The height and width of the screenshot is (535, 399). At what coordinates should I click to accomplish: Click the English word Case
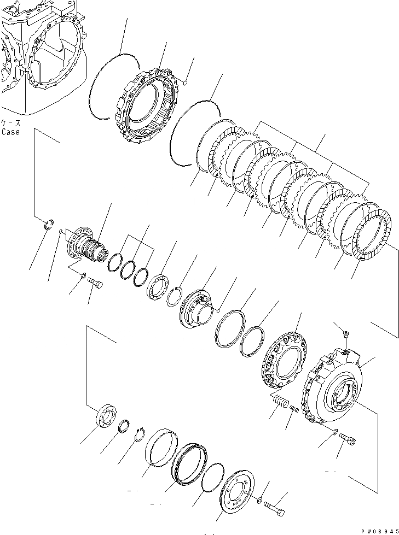click(10, 132)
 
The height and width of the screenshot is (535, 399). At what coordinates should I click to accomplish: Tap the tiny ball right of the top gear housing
click(186, 83)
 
